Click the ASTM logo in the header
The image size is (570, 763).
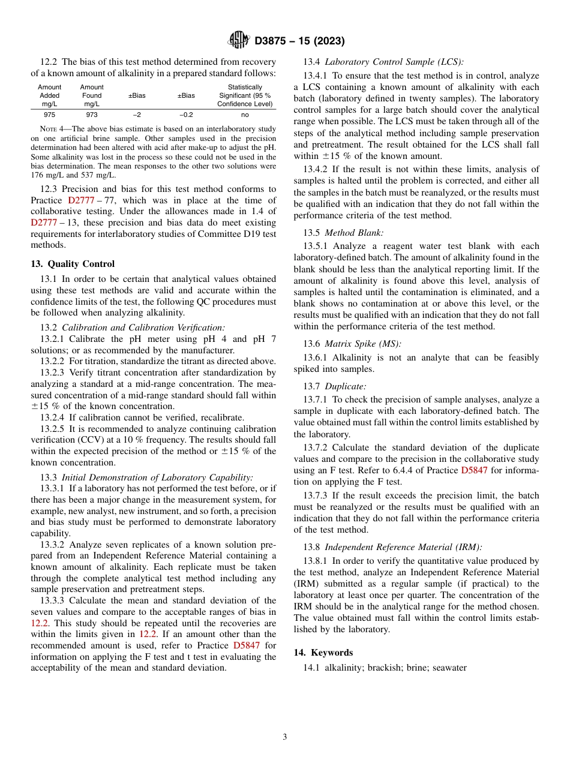tap(239, 41)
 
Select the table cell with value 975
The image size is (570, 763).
tap(49, 115)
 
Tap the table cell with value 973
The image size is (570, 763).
tap(92, 115)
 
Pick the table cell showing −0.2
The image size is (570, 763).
tap(186, 115)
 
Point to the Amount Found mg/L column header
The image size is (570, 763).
tap(92, 95)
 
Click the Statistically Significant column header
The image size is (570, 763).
tap(244, 95)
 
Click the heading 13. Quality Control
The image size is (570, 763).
tap(73, 264)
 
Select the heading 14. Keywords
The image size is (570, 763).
tap(323, 653)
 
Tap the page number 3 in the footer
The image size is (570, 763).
tap(285, 737)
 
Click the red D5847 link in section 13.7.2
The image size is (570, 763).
tap(474, 471)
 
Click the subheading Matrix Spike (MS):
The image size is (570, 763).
tap(363, 344)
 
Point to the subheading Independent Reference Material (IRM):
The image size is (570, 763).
tap(403, 547)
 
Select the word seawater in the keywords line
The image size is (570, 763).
tap(448, 668)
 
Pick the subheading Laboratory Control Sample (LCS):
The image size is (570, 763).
tap(394, 62)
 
